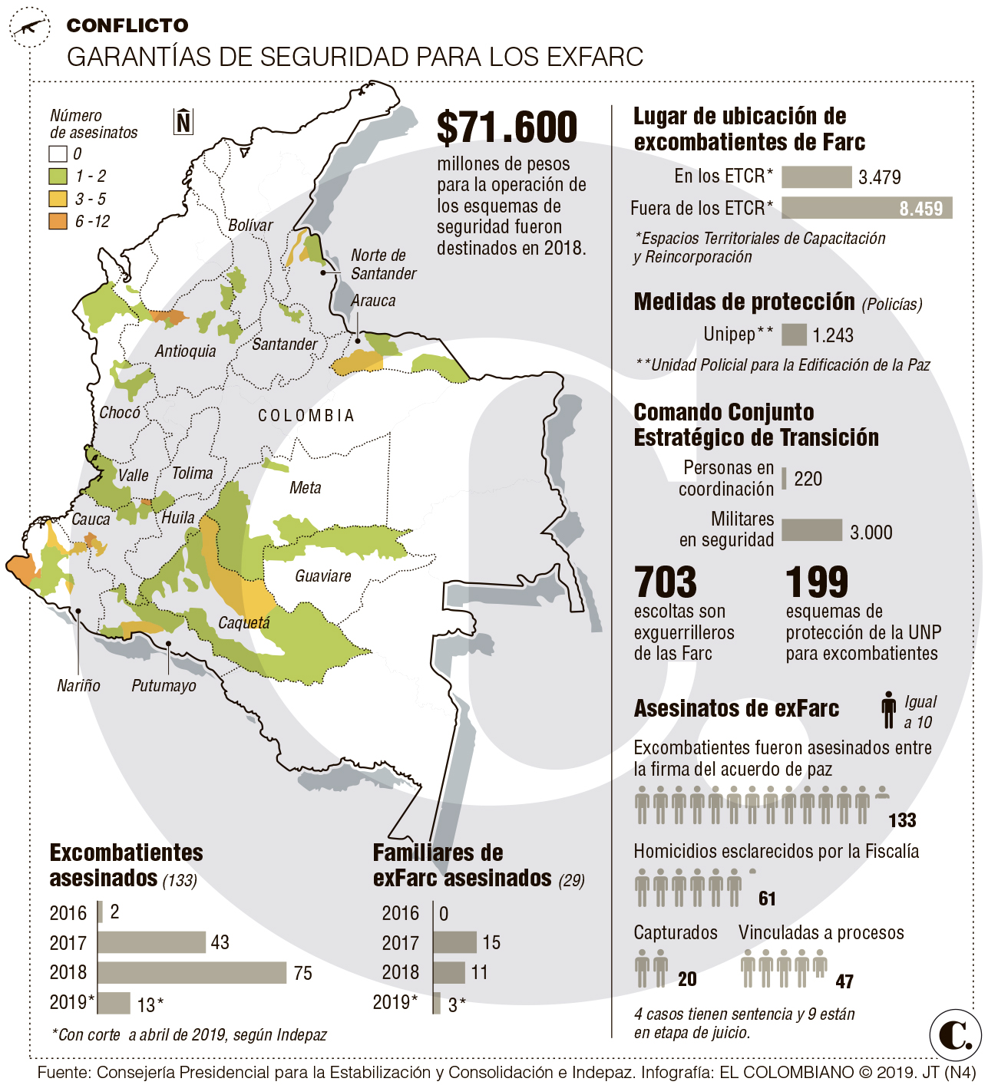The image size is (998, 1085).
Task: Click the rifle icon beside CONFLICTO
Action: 29,28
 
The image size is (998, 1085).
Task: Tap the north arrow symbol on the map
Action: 183,121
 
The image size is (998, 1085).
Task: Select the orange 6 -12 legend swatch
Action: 58,222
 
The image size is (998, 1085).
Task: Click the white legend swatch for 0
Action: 58,153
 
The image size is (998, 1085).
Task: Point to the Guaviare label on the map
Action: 323,575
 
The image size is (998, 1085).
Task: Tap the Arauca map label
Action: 373,301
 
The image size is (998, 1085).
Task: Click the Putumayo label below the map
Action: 164,685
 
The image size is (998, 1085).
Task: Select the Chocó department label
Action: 120,413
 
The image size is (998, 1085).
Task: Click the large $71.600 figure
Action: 507,127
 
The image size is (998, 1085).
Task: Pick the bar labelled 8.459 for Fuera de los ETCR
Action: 867,208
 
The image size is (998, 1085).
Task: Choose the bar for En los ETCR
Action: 816,176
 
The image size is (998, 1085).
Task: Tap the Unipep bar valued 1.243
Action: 794,335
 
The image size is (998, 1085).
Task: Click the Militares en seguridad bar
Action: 811,530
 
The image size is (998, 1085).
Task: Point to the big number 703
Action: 666,582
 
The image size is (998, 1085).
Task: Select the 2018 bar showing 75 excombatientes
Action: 192,972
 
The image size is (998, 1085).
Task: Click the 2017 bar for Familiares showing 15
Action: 454,942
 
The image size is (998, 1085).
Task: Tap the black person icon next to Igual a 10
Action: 888,710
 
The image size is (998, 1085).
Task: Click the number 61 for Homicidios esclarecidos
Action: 767,899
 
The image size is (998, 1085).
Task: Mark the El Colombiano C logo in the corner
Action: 955,1036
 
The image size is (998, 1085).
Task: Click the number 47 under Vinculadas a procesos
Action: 844,981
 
